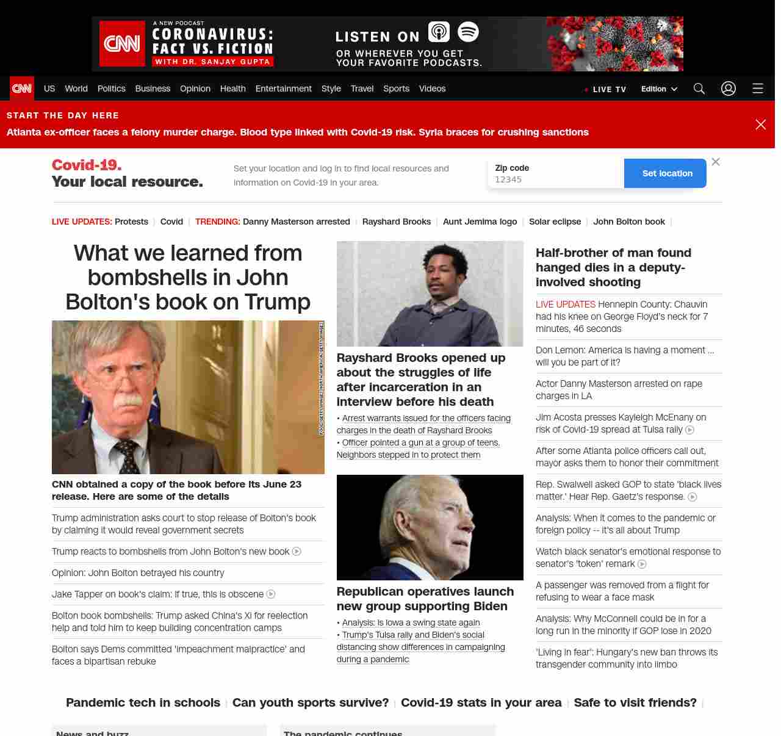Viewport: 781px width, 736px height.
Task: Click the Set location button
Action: (667, 173)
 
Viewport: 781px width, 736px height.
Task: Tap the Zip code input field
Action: (555, 179)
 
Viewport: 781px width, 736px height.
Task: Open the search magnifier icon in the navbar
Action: (699, 88)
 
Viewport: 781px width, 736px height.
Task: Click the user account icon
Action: (729, 88)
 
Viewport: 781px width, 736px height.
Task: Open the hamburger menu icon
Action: (758, 88)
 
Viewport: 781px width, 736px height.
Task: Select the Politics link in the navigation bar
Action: (111, 88)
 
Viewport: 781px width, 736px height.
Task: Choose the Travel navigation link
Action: (362, 88)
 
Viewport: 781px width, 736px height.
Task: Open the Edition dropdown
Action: (659, 88)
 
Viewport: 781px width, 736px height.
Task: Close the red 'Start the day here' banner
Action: (761, 124)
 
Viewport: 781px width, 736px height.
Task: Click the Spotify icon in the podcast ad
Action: (468, 32)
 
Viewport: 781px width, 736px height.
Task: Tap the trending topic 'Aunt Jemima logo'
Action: (480, 222)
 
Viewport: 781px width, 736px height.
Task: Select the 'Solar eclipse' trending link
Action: (555, 222)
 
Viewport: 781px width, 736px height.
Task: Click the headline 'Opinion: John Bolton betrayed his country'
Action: (138, 573)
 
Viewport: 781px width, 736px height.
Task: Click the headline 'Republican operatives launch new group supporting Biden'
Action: (425, 599)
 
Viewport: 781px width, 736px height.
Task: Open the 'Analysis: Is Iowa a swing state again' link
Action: (411, 622)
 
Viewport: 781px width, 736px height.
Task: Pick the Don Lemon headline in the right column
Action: (624, 356)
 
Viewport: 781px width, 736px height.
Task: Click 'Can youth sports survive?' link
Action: (311, 702)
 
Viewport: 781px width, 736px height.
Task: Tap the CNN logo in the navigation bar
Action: (22, 88)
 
